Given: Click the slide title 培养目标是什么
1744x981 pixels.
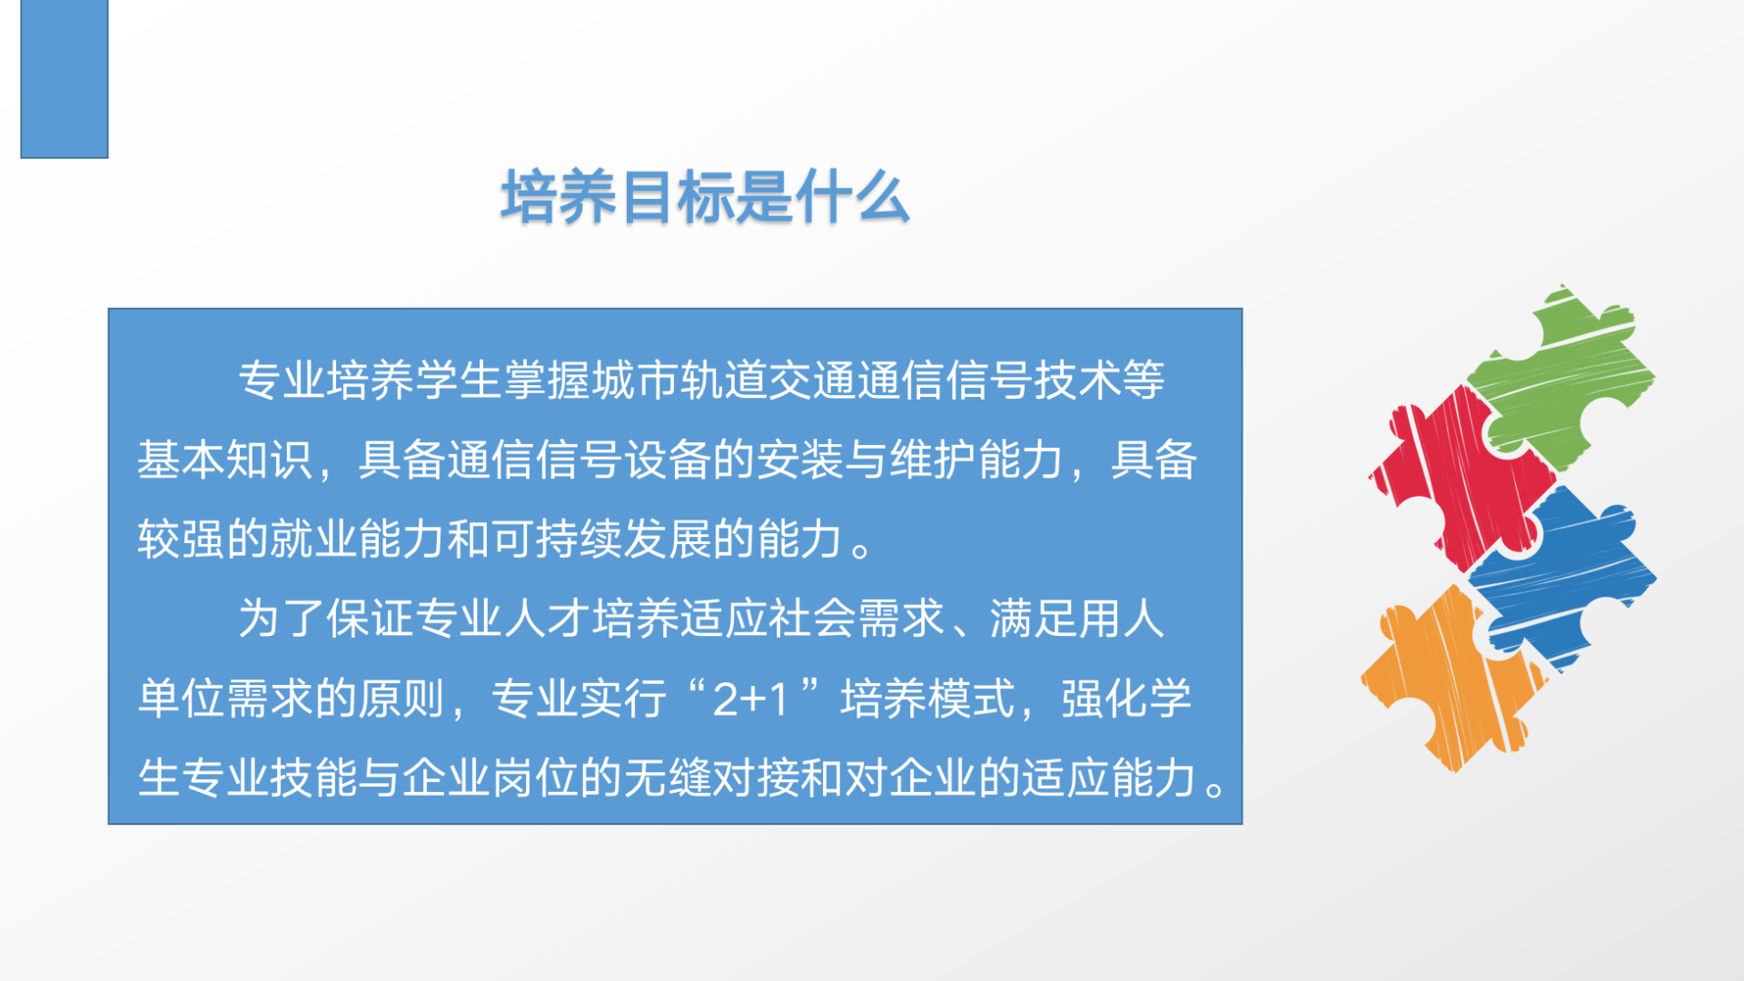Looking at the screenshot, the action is click(x=705, y=197).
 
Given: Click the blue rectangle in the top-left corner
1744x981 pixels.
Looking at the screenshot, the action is click(x=64, y=79).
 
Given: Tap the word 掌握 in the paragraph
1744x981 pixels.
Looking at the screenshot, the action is click(x=547, y=381).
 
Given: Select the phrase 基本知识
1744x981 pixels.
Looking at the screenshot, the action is click(x=225, y=460).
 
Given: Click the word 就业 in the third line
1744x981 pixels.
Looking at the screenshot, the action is click(x=313, y=540).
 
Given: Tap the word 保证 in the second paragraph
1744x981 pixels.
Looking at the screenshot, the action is click(x=370, y=619).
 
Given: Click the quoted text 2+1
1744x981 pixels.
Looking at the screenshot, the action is click(x=750, y=699).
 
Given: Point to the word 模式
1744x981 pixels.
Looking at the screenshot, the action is click(x=973, y=699).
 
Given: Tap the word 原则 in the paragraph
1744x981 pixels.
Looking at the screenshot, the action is click(x=402, y=699).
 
